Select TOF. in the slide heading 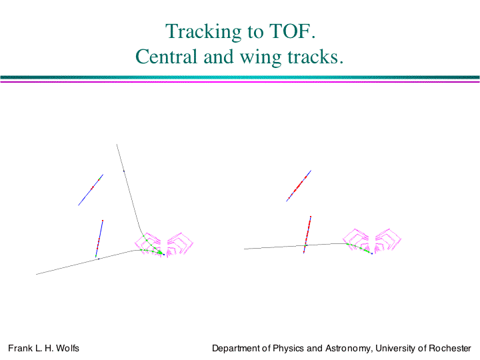click(292, 31)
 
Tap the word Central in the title click(166, 57)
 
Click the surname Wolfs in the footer click(67, 348)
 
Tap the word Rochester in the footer click(450, 348)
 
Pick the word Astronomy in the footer click(347, 349)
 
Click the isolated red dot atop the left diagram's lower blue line click(103, 221)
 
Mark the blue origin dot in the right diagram click(372, 253)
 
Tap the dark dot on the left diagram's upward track click(124, 171)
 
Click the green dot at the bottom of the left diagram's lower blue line click(96, 256)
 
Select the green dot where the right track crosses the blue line click(305, 245)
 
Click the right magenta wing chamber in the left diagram click(180, 244)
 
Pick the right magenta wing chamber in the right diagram click(388, 240)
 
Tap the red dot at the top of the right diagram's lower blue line click(311, 217)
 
